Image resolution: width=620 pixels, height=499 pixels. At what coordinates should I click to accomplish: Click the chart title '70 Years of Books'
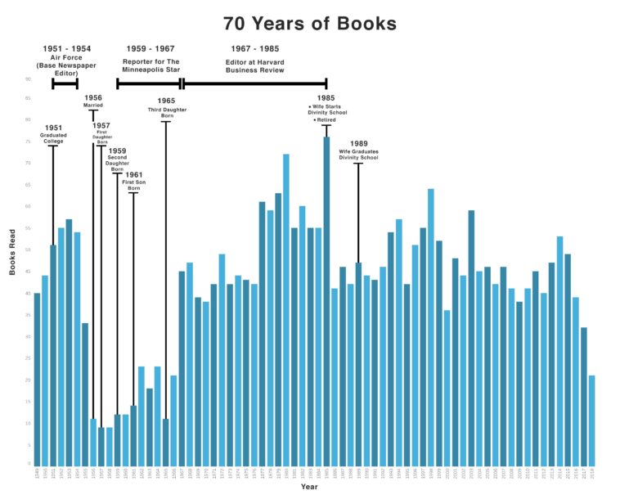[x=309, y=24]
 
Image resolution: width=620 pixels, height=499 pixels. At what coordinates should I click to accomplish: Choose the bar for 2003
[x=471, y=336]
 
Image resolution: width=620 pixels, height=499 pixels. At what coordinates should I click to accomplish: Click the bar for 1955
[x=85, y=393]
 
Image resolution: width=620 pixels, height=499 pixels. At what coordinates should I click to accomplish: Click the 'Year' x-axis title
[x=309, y=488]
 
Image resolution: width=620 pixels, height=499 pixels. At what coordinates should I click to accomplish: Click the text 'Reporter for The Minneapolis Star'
[x=151, y=65]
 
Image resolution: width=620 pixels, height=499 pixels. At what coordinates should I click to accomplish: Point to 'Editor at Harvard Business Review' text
[x=255, y=65]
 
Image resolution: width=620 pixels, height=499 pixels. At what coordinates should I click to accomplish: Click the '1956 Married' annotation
[x=93, y=101]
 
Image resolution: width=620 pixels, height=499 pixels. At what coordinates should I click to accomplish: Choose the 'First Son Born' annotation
[x=133, y=184]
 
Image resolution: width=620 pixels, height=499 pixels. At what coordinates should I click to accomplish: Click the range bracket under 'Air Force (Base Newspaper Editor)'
[x=65, y=83]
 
